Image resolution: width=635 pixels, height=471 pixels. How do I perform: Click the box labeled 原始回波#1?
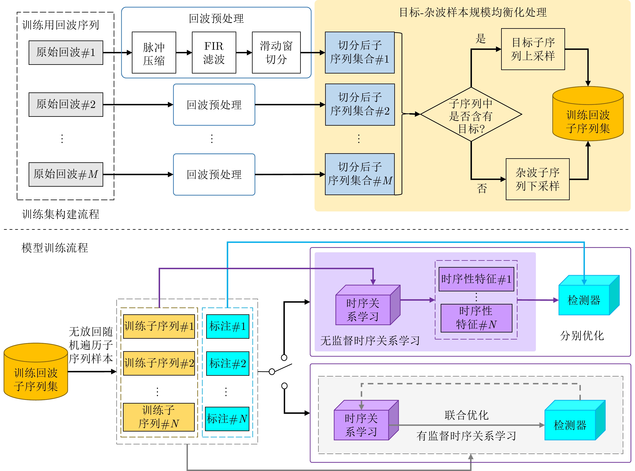[66, 53]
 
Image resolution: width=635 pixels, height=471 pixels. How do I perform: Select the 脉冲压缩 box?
[154, 53]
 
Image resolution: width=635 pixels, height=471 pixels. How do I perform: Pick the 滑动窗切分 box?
[276, 53]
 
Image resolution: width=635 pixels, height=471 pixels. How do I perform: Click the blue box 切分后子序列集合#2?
[360, 104]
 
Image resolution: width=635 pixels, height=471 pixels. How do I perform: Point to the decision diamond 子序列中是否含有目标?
[471, 115]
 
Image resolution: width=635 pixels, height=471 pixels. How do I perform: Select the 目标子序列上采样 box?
[533, 49]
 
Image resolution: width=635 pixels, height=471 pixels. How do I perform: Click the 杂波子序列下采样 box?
[537, 179]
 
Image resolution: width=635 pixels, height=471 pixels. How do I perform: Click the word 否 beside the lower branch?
[482, 188]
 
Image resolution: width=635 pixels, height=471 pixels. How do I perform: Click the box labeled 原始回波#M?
[66, 174]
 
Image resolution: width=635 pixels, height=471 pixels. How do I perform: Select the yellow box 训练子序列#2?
[159, 363]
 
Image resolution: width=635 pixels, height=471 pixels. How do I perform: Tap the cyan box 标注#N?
[227, 418]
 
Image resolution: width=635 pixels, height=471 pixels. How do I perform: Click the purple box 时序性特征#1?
[476, 279]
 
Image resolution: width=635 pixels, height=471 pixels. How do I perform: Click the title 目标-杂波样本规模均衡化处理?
[473, 12]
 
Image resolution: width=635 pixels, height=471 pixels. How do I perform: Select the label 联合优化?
[466, 415]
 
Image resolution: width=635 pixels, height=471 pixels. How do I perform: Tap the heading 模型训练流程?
[55, 248]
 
